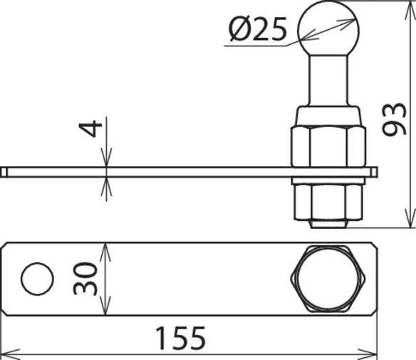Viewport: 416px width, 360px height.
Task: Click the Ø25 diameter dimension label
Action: (x=258, y=29)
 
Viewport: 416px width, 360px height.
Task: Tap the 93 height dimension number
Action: (x=394, y=119)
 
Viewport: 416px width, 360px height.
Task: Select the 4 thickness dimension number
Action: (x=90, y=129)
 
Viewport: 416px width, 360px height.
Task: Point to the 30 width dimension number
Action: (x=85, y=279)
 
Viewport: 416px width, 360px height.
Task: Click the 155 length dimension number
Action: (x=180, y=338)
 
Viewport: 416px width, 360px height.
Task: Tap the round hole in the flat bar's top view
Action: (x=37, y=279)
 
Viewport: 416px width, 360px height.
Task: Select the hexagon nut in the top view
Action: (x=328, y=279)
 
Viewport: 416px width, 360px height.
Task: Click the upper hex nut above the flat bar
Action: (x=328, y=147)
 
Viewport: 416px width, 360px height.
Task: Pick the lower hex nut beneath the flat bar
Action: (x=328, y=202)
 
